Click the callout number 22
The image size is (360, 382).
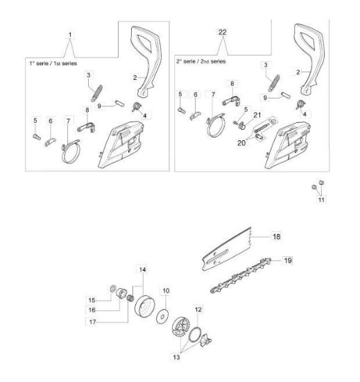tap(223, 32)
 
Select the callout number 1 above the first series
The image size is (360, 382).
tap(70, 35)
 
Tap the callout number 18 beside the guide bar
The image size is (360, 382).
tap(277, 237)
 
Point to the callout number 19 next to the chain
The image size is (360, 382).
tap(288, 260)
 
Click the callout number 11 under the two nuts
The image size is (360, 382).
tap(321, 200)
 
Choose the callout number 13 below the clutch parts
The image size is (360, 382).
tap(176, 357)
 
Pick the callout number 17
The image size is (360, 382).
tap(93, 322)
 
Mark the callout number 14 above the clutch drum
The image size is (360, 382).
tap(142, 269)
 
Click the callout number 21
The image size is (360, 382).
tap(257, 115)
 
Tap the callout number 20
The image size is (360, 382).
tap(241, 143)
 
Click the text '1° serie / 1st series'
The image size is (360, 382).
tap(53, 63)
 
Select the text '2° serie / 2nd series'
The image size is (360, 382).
tap(201, 61)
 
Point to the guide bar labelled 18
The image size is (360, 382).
tap(226, 250)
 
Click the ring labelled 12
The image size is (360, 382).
tap(195, 335)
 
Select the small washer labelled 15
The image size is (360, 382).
tap(113, 288)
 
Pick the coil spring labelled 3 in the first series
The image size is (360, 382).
tap(97, 93)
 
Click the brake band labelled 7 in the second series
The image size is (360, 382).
tap(216, 125)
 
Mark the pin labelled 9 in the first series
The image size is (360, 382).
tap(119, 103)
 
